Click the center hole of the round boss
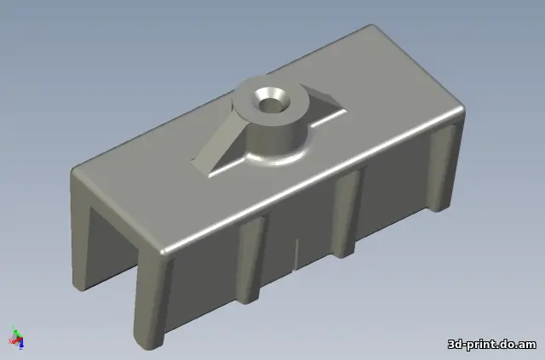coord(269,105)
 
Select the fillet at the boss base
coord(274,158)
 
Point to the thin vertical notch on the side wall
coord(296,254)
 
